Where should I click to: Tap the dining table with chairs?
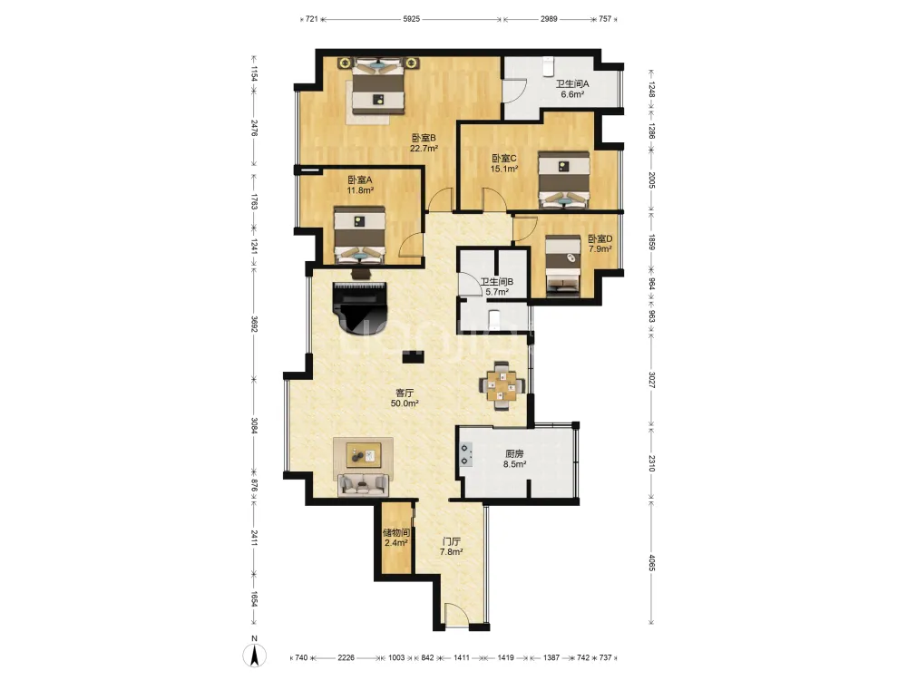(x=502, y=385)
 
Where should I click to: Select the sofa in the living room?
(x=364, y=484)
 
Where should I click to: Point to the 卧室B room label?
(x=424, y=138)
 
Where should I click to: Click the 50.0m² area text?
(x=405, y=403)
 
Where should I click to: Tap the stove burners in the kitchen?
(x=465, y=454)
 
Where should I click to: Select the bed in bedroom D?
(x=563, y=266)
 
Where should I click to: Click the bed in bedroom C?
(x=564, y=180)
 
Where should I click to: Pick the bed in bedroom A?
(x=360, y=235)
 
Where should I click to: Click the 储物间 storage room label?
(x=396, y=532)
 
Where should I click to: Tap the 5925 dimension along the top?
(x=411, y=19)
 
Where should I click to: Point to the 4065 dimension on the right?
(x=651, y=563)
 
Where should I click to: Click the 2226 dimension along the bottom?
(x=346, y=657)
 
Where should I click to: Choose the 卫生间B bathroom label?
(x=496, y=282)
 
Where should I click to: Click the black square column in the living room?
(x=413, y=356)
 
